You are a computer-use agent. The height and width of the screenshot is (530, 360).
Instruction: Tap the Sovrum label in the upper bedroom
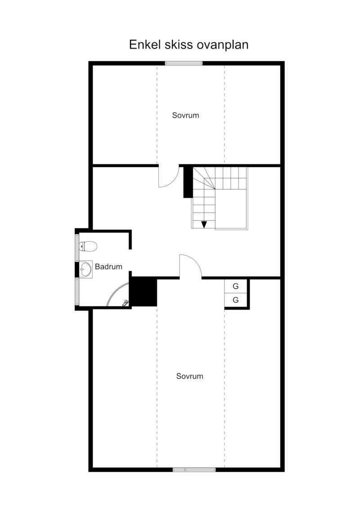click(x=185, y=115)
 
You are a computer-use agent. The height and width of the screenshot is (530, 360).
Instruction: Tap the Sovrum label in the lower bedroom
click(x=189, y=376)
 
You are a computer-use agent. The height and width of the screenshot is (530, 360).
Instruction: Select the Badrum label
click(x=108, y=267)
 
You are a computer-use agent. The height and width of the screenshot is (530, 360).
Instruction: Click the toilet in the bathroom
click(x=88, y=246)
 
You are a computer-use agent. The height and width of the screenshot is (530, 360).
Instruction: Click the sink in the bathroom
click(x=85, y=269)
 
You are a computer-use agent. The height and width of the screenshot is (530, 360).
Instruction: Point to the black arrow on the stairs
click(x=204, y=224)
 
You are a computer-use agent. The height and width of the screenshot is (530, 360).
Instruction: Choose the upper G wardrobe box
click(x=236, y=286)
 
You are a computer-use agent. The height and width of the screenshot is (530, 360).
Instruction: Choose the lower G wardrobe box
click(x=236, y=300)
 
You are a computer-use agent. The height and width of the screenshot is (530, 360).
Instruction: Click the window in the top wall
click(x=184, y=63)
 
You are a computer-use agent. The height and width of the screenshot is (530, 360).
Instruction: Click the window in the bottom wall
click(x=194, y=470)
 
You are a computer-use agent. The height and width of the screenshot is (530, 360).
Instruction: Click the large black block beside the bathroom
click(x=144, y=292)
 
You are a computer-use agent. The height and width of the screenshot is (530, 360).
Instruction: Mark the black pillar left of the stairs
click(x=188, y=182)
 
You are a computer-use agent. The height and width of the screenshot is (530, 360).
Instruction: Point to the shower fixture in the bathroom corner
click(x=125, y=303)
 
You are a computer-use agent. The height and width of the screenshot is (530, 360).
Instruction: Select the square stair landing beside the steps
click(x=231, y=209)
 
